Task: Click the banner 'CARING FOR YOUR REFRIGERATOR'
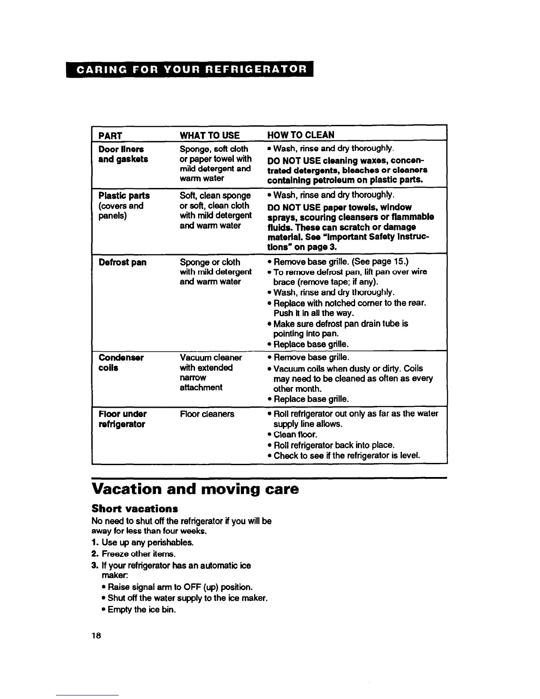point(190,69)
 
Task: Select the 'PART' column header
point(110,135)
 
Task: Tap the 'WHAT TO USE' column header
point(210,135)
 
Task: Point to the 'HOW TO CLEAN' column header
point(301,135)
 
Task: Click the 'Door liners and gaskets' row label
point(123,154)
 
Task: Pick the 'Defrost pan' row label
point(123,263)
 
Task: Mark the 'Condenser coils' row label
point(120,362)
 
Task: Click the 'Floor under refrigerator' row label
point(122,419)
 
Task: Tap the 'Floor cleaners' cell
point(207,414)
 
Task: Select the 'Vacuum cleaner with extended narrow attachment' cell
point(210,372)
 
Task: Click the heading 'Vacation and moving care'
point(195,489)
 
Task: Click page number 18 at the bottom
point(97,636)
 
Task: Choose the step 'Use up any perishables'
point(147,542)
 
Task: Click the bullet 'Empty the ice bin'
point(142,609)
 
